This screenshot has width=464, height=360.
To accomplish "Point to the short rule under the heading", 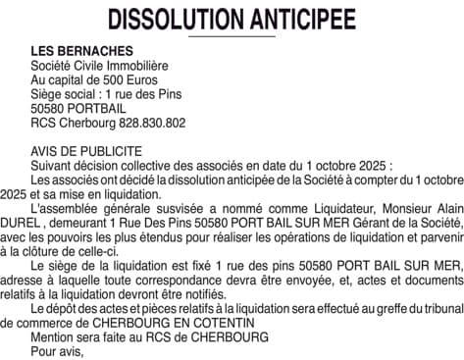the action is click(232, 37).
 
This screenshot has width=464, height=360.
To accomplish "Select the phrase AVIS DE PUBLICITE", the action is click(86, 152).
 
